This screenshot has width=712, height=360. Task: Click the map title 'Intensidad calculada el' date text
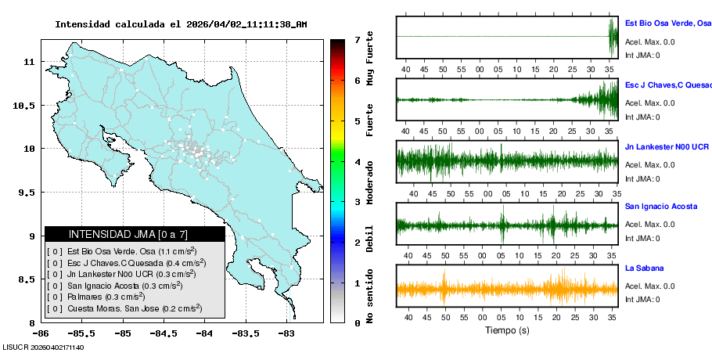(181, 24)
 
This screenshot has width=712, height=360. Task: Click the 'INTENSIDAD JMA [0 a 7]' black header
(135, 234)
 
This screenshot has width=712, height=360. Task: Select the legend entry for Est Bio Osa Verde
(125, 252)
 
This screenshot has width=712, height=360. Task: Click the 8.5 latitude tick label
(27, 279)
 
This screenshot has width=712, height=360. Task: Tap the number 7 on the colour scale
(357, 39)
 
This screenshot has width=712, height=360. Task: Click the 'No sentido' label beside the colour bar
(370, 296)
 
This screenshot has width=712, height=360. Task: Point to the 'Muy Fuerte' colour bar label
(370, 58)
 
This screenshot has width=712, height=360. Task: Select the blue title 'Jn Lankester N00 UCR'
(667, 146)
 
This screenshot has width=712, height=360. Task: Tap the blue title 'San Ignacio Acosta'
(661, 207)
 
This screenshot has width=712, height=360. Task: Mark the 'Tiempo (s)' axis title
(506, 329)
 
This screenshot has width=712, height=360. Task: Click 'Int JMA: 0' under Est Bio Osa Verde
(642, 55)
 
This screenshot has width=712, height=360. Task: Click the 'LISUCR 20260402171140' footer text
(44, 347)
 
